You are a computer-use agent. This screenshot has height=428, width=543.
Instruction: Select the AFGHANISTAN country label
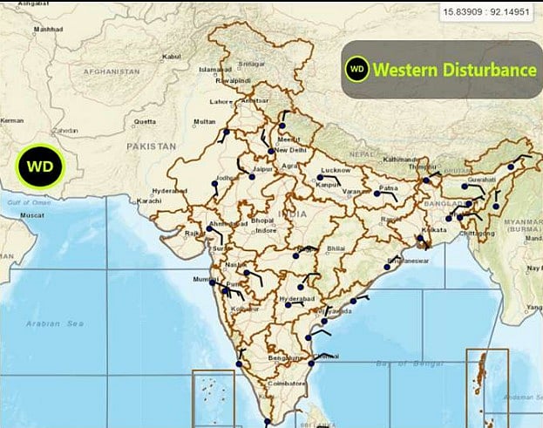coord(112,70)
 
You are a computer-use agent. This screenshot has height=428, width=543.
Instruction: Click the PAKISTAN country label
coord(151,146)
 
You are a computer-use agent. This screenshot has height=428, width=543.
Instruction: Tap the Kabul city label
coord(171,57)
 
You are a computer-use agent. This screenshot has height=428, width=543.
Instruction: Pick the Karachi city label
coord(149,200)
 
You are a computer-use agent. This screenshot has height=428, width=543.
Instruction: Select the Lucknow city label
coord(336,169)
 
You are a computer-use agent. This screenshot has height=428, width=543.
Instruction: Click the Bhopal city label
coord(262,220)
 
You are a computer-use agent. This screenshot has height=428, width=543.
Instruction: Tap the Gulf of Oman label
coord(25,201)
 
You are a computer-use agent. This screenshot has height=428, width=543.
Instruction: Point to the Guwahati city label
coord(481,180)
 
